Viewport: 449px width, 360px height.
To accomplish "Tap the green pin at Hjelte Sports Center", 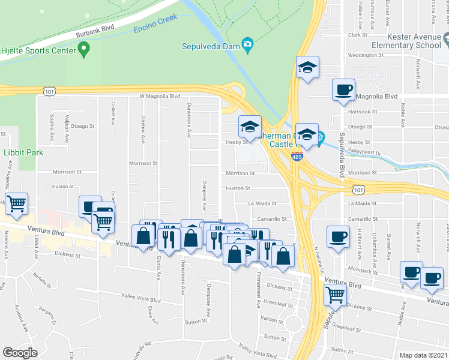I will click(84, 47).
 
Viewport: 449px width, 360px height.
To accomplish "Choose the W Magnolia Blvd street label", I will click(159, 96).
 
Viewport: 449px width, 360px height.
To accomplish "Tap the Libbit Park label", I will click(23, 152).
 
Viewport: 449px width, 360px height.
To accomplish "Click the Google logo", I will click(20, 352).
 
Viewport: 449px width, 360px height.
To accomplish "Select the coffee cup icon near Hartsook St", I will click(344, 90).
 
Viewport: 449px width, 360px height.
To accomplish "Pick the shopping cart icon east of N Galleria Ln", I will click(335, 294).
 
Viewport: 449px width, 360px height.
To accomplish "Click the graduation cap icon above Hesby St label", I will click(250, 126).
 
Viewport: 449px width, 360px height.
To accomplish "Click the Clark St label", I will click(357, 35).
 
